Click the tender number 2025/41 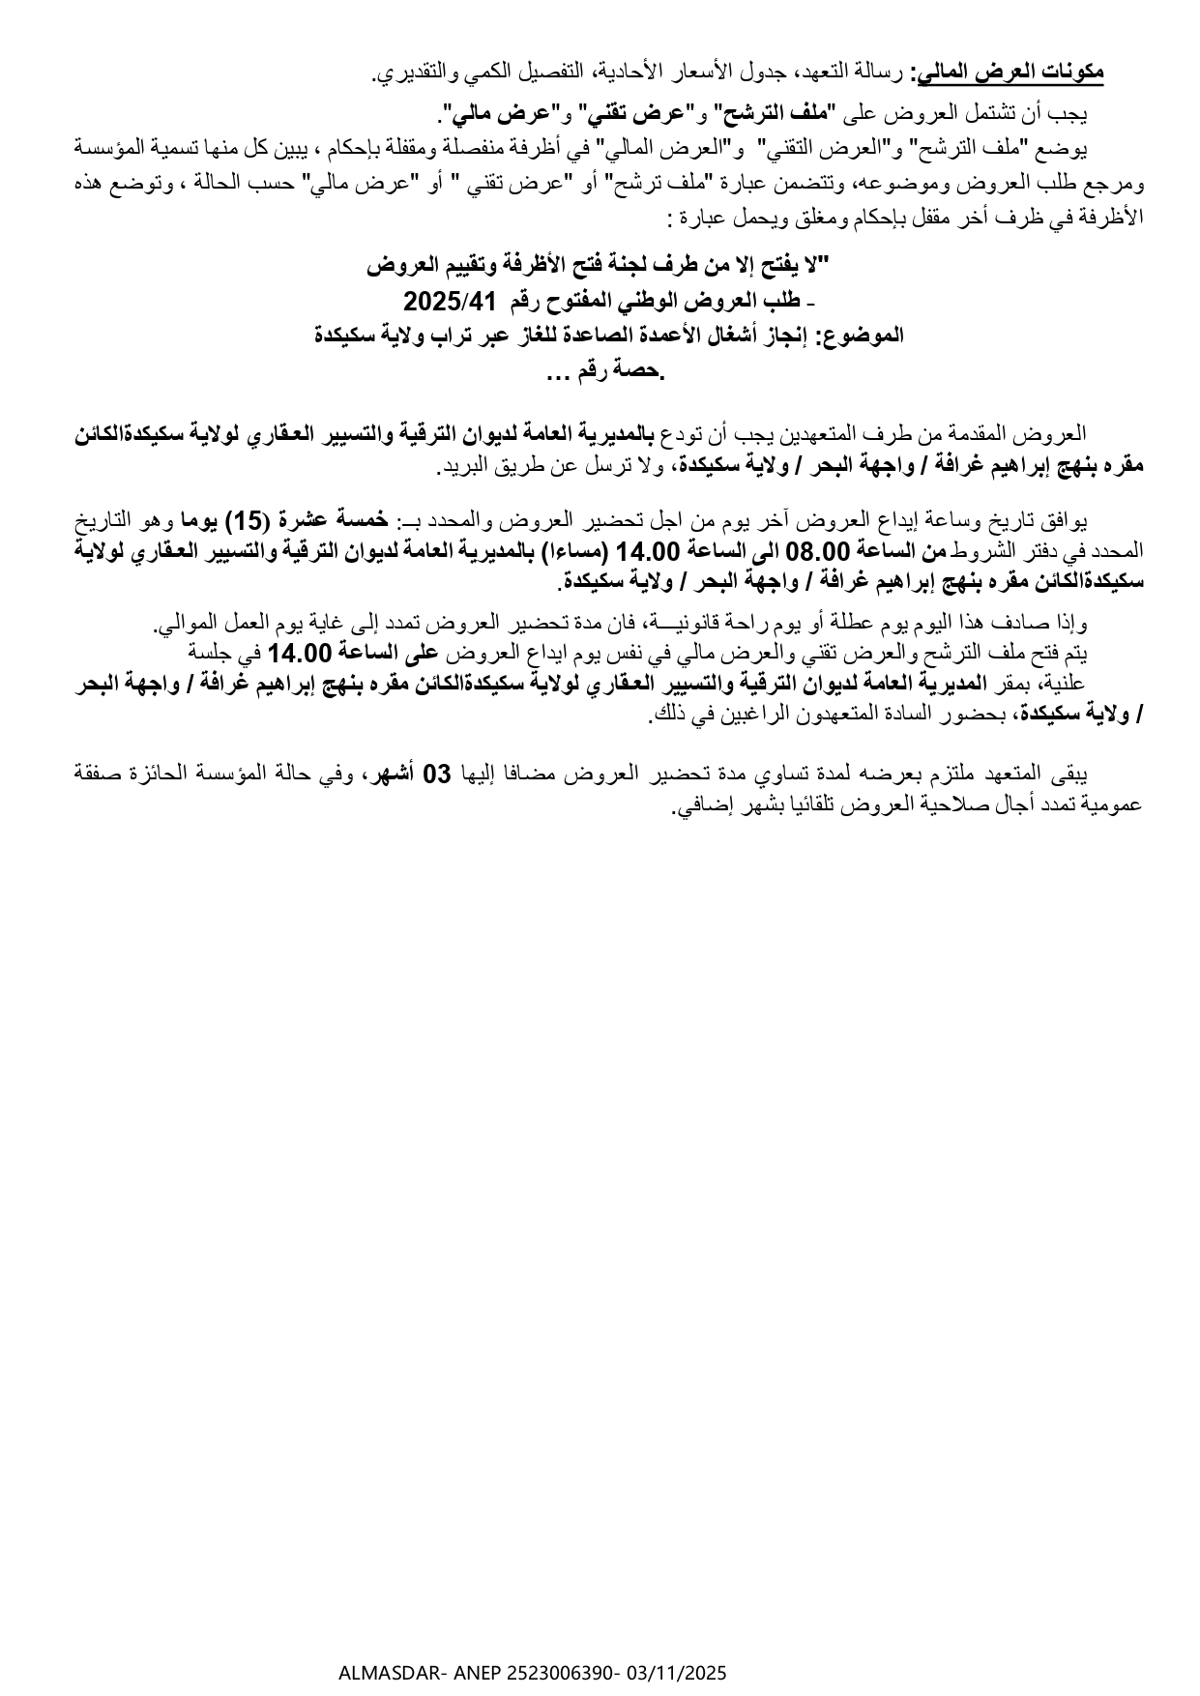(449, 302)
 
